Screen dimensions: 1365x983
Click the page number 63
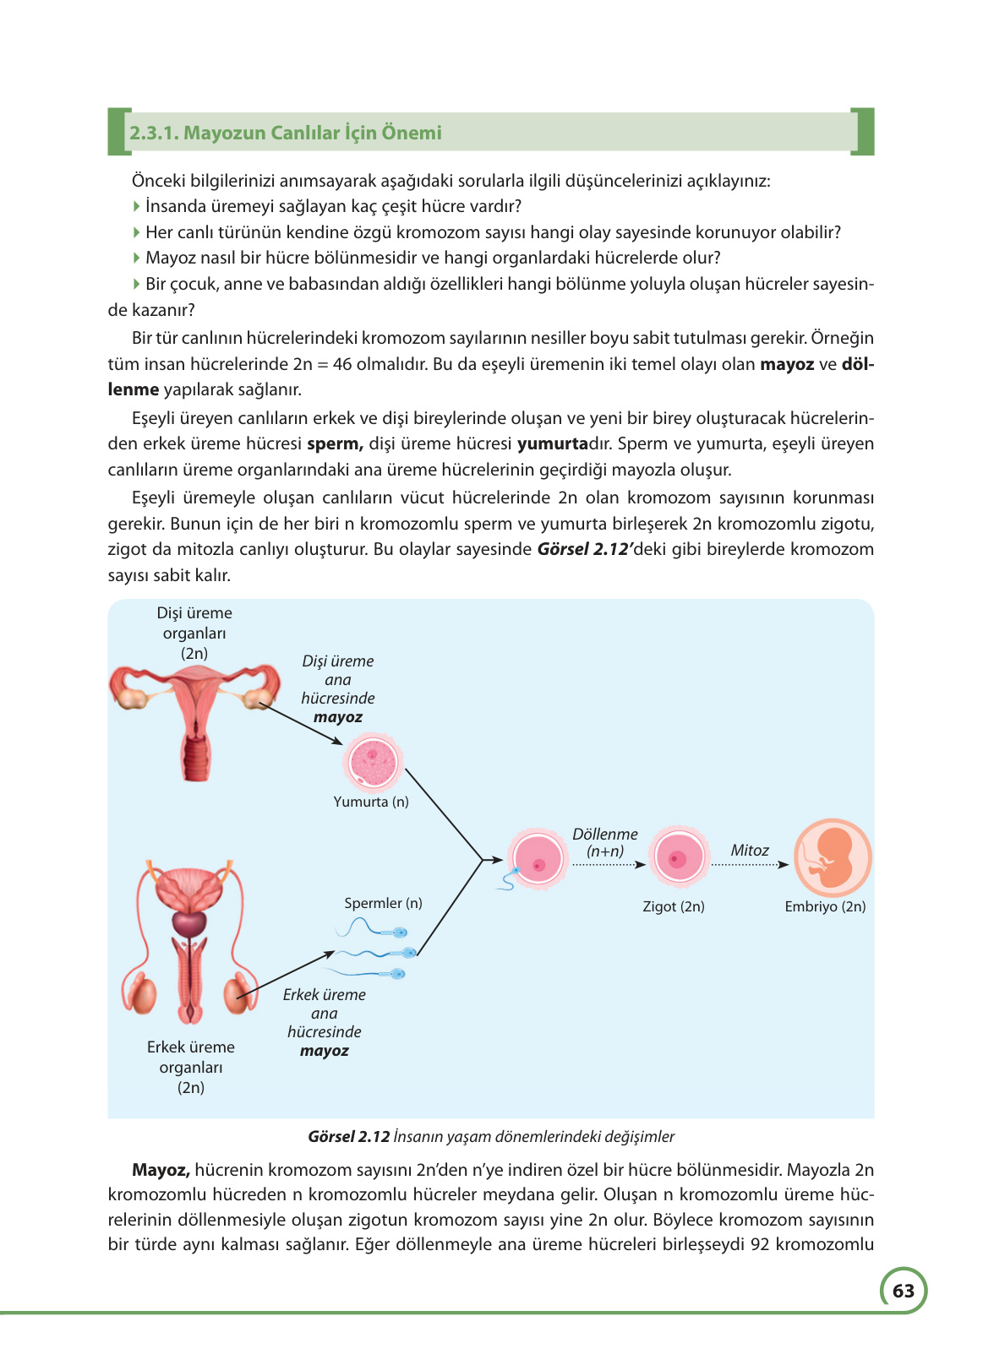(x=903, y=1291)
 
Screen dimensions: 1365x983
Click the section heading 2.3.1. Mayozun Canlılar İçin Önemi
(x=286, y=133)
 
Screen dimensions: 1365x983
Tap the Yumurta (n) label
(x=371, y=802)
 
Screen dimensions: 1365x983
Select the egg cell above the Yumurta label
(x=373, y=762)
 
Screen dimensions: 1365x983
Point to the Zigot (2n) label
(x=674, y=906)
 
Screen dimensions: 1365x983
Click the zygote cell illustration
(x=678, y=857)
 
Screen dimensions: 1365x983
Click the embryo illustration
(x=833, y=857)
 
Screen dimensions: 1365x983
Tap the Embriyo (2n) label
(x=825, y=906)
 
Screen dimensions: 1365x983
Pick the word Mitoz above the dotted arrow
(x=750, y=851)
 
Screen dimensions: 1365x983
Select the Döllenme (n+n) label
(x=605, y=842)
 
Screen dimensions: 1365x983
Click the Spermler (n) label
(x=383, y=903)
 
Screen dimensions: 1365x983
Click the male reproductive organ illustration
(x=190, y=942)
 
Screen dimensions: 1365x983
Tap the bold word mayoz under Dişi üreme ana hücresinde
(x=338, y=717)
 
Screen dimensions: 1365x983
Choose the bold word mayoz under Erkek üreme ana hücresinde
(x=325, y=1051)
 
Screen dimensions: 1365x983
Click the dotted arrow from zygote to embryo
(x=749, y=865)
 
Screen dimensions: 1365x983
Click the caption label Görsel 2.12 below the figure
(x=348, y=1137)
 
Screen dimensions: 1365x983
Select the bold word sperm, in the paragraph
(x=335, y=443)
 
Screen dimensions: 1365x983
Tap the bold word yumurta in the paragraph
(x=552, y=443)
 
